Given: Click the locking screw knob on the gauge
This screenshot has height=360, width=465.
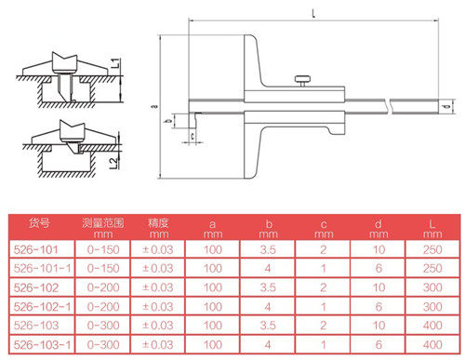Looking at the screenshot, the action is [302, 80].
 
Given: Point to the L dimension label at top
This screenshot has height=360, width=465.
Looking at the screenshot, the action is [313, 13].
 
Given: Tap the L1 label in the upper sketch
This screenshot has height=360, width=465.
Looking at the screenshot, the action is [115, 63].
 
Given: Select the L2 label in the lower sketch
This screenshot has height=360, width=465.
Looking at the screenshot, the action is [114, 163].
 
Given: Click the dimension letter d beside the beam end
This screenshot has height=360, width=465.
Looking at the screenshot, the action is [446, 107].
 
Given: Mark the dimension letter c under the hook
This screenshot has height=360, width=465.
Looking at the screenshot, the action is [193, 136].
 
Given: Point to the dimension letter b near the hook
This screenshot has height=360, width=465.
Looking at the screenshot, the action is [169, 121].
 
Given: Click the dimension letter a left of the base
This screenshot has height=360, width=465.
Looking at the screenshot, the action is [155, 106].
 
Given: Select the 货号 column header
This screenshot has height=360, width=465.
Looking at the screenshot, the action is [39, 222].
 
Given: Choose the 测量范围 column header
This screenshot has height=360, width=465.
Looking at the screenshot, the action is [103, 222].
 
